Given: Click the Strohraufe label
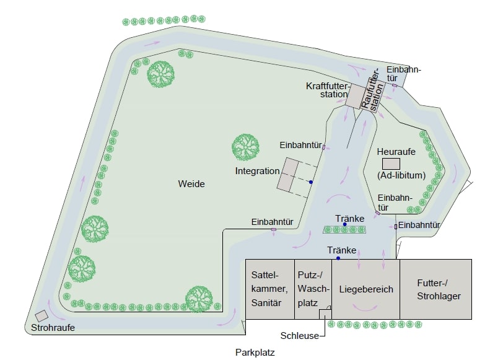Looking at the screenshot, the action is click(x=53, y=328).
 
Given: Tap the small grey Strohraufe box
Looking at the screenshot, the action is click(x=42, y=315).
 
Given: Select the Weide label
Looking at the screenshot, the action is click(x=191, y=184).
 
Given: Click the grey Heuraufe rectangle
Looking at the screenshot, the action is click(x=392, y=164).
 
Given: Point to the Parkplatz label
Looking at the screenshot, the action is click(x=255, y=353).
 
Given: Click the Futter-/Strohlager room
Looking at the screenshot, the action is click(x=435, y=289).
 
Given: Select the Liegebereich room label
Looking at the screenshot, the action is click(x=366, y=289).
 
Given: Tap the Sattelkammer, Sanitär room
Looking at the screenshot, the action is click(x=270, y=289).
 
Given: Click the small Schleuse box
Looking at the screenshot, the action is click(x=325, y=314).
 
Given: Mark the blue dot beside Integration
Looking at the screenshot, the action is click(x=310, y=182).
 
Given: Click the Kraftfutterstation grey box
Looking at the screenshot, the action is click(x=356, y=96).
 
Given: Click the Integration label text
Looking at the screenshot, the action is click(x=258, y=171).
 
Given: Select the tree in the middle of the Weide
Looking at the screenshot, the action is click(x=246, y=147).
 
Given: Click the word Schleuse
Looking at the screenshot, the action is click(x=299, y=336).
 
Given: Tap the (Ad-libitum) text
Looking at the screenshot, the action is click(x=401, y=175).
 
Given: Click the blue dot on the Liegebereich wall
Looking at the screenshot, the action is click(x=338, y=258).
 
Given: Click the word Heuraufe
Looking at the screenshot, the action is click(x=396, y=152).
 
